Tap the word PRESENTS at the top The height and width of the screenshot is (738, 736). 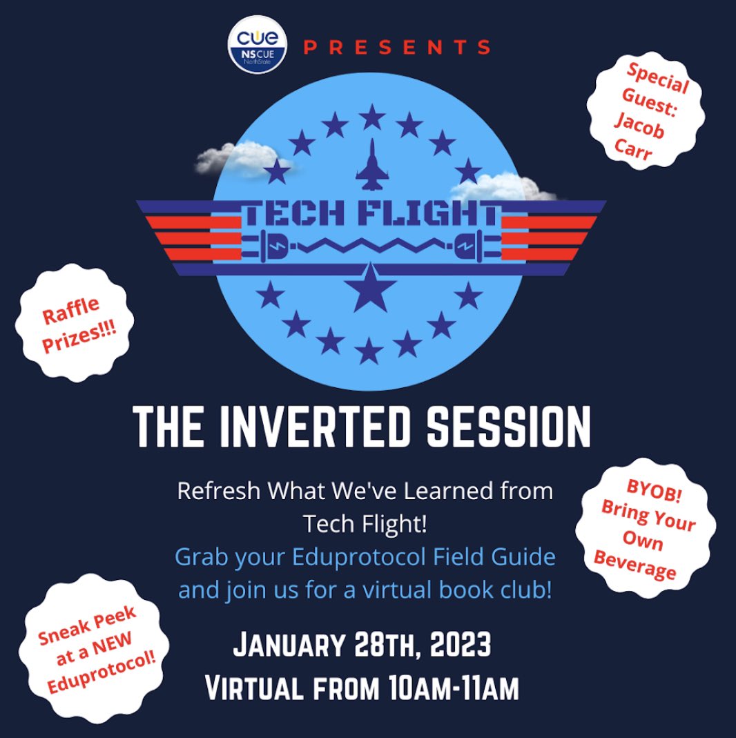(397, 48)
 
